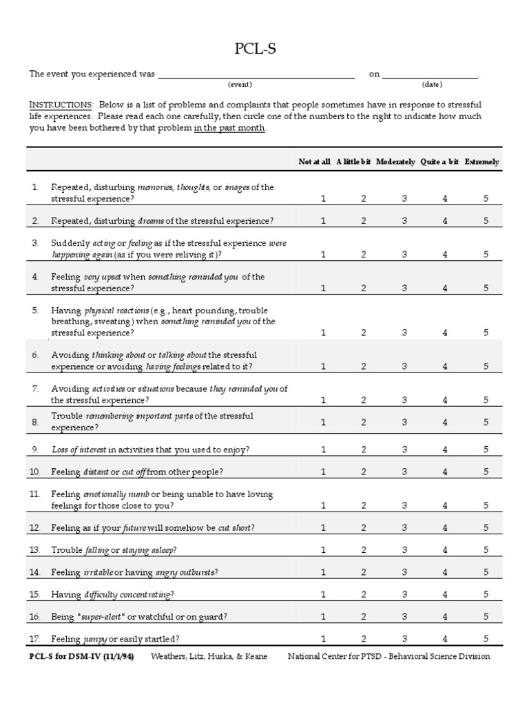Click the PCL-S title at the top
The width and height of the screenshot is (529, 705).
(x=264, y=49)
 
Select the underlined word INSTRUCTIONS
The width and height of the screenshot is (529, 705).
(x=61, y=105)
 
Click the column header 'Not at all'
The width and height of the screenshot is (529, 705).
(x=314, y=162)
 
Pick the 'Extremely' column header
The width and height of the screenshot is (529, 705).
(x=482, y=162)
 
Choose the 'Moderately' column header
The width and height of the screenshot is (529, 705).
(x=395, y=162)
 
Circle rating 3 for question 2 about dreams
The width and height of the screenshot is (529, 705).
(x=404, y=221)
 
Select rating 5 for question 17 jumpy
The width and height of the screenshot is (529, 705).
(x=486, y=638)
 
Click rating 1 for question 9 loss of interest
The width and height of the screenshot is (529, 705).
(x=324, y=450)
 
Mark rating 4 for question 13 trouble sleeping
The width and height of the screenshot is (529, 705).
(x=445, y=550)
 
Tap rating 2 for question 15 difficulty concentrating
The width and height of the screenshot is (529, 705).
(x=364, y=594)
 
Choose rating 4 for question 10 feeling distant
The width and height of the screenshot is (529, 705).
(x=445, y=472)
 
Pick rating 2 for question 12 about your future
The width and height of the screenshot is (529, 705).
(x=364, y=528)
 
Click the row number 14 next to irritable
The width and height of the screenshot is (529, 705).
(x=35, y=572)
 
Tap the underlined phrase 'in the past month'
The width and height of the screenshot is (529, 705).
(x=229, y=128)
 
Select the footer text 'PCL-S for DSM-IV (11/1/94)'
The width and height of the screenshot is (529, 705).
(x=81, y=656)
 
